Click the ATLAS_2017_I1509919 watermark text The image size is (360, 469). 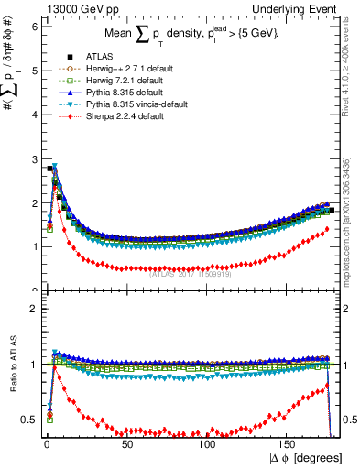[x=190, y=272]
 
